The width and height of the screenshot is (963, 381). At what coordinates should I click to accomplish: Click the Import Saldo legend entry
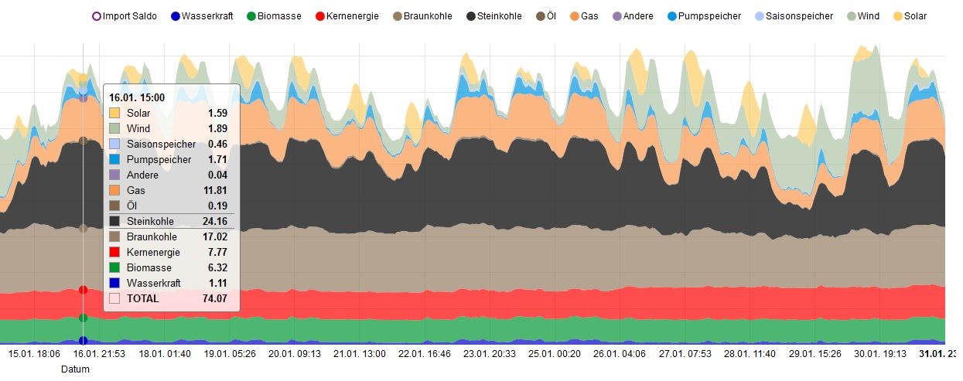(124, 15)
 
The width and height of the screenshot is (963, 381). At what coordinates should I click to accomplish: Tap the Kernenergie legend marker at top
(321, 15)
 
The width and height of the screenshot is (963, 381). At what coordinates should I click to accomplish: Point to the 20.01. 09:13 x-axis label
(294, 354)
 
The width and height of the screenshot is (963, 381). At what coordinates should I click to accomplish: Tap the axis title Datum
(76, 369)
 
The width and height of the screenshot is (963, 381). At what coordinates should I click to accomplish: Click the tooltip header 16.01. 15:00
(137, 97)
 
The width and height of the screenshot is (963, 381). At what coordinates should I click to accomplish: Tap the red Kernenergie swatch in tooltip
(114, 252)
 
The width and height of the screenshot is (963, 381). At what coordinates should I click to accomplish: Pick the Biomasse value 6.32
(217, 267)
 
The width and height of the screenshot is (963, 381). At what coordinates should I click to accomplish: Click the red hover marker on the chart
(83, 290)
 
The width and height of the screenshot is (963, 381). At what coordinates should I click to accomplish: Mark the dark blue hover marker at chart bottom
(83, 341)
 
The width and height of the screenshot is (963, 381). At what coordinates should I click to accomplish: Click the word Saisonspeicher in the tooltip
(161, 144)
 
